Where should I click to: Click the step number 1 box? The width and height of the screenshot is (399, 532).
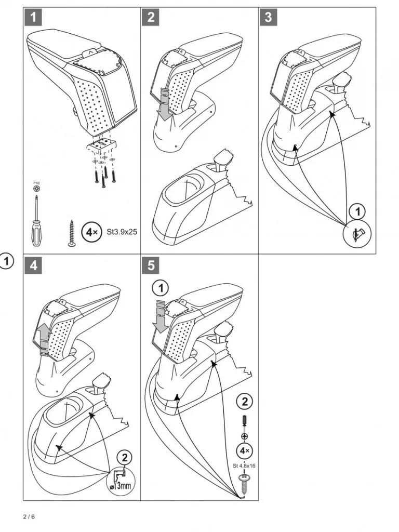[x=33, y=17]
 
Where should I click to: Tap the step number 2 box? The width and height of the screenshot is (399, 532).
[x=151, y=17]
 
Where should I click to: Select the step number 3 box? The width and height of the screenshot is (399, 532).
[x=268, y=17]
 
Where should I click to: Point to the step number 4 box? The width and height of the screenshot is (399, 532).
[x=33, y=265]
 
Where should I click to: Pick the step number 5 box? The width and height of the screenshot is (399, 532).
[x=151, y=265]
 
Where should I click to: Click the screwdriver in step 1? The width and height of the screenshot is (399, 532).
[x=36, y=220]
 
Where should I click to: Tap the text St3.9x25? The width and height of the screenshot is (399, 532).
[x=122, y=232]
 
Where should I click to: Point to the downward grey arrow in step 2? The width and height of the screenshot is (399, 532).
[x=165, y=104]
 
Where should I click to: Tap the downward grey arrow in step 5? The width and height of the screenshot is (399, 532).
[x=161, y=316]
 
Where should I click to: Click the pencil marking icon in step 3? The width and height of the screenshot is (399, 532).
[x=357, y=234]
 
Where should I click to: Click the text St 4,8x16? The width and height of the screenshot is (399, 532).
[x=244, y=466]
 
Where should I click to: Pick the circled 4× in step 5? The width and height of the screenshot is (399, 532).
[x=244, y=451]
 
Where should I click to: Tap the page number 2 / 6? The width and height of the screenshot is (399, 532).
[x=29, y=517]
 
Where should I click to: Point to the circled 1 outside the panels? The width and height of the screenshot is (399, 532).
[x=6, y=262]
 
